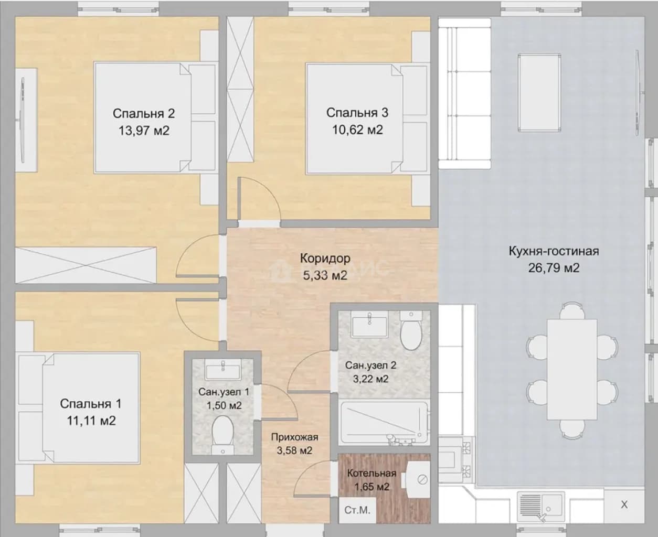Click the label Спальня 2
(144, 113)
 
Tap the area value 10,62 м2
(357, 130)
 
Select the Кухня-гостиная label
(554, 251)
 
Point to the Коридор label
(325, 258)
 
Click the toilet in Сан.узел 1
(222, 436)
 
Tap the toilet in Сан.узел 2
(411, 331)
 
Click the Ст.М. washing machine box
(357, 510)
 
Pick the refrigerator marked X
(624, 505)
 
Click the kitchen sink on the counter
(540, 506)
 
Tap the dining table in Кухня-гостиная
(572, 369)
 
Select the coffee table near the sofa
(539, 92)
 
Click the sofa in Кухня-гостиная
(464, 93)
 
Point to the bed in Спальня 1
(79, 408)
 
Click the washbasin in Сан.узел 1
(222, 369)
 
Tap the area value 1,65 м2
(372, 487)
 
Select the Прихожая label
(294, 437)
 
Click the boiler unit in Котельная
(418, 479)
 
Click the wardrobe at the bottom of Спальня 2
(86, 265)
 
